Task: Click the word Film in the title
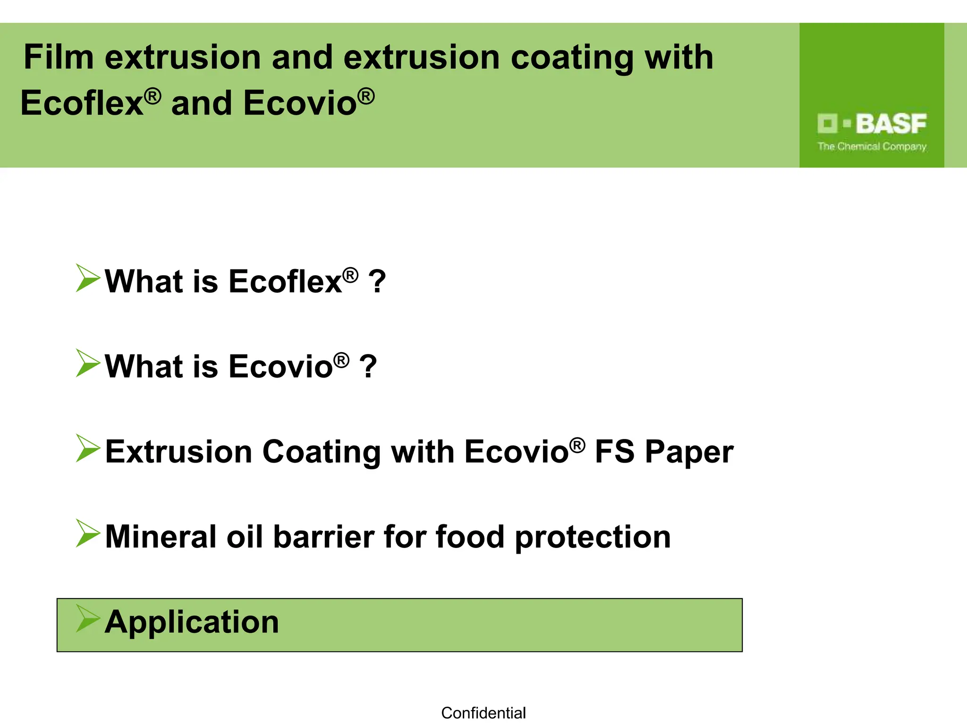coord(59,58)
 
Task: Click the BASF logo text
coord(891,124)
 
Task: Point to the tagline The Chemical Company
coord(872,147)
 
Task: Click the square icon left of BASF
coord(827,124)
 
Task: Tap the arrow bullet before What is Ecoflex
coord(88,278)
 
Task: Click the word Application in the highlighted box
coord(192,622)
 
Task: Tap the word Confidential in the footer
coord(483,713)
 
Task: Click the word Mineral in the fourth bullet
coord(160,537)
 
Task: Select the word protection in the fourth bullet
coord(593,538)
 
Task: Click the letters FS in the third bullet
coord(614,452)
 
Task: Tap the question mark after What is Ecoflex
coord(377,282)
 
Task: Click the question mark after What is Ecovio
coord(368,367)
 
